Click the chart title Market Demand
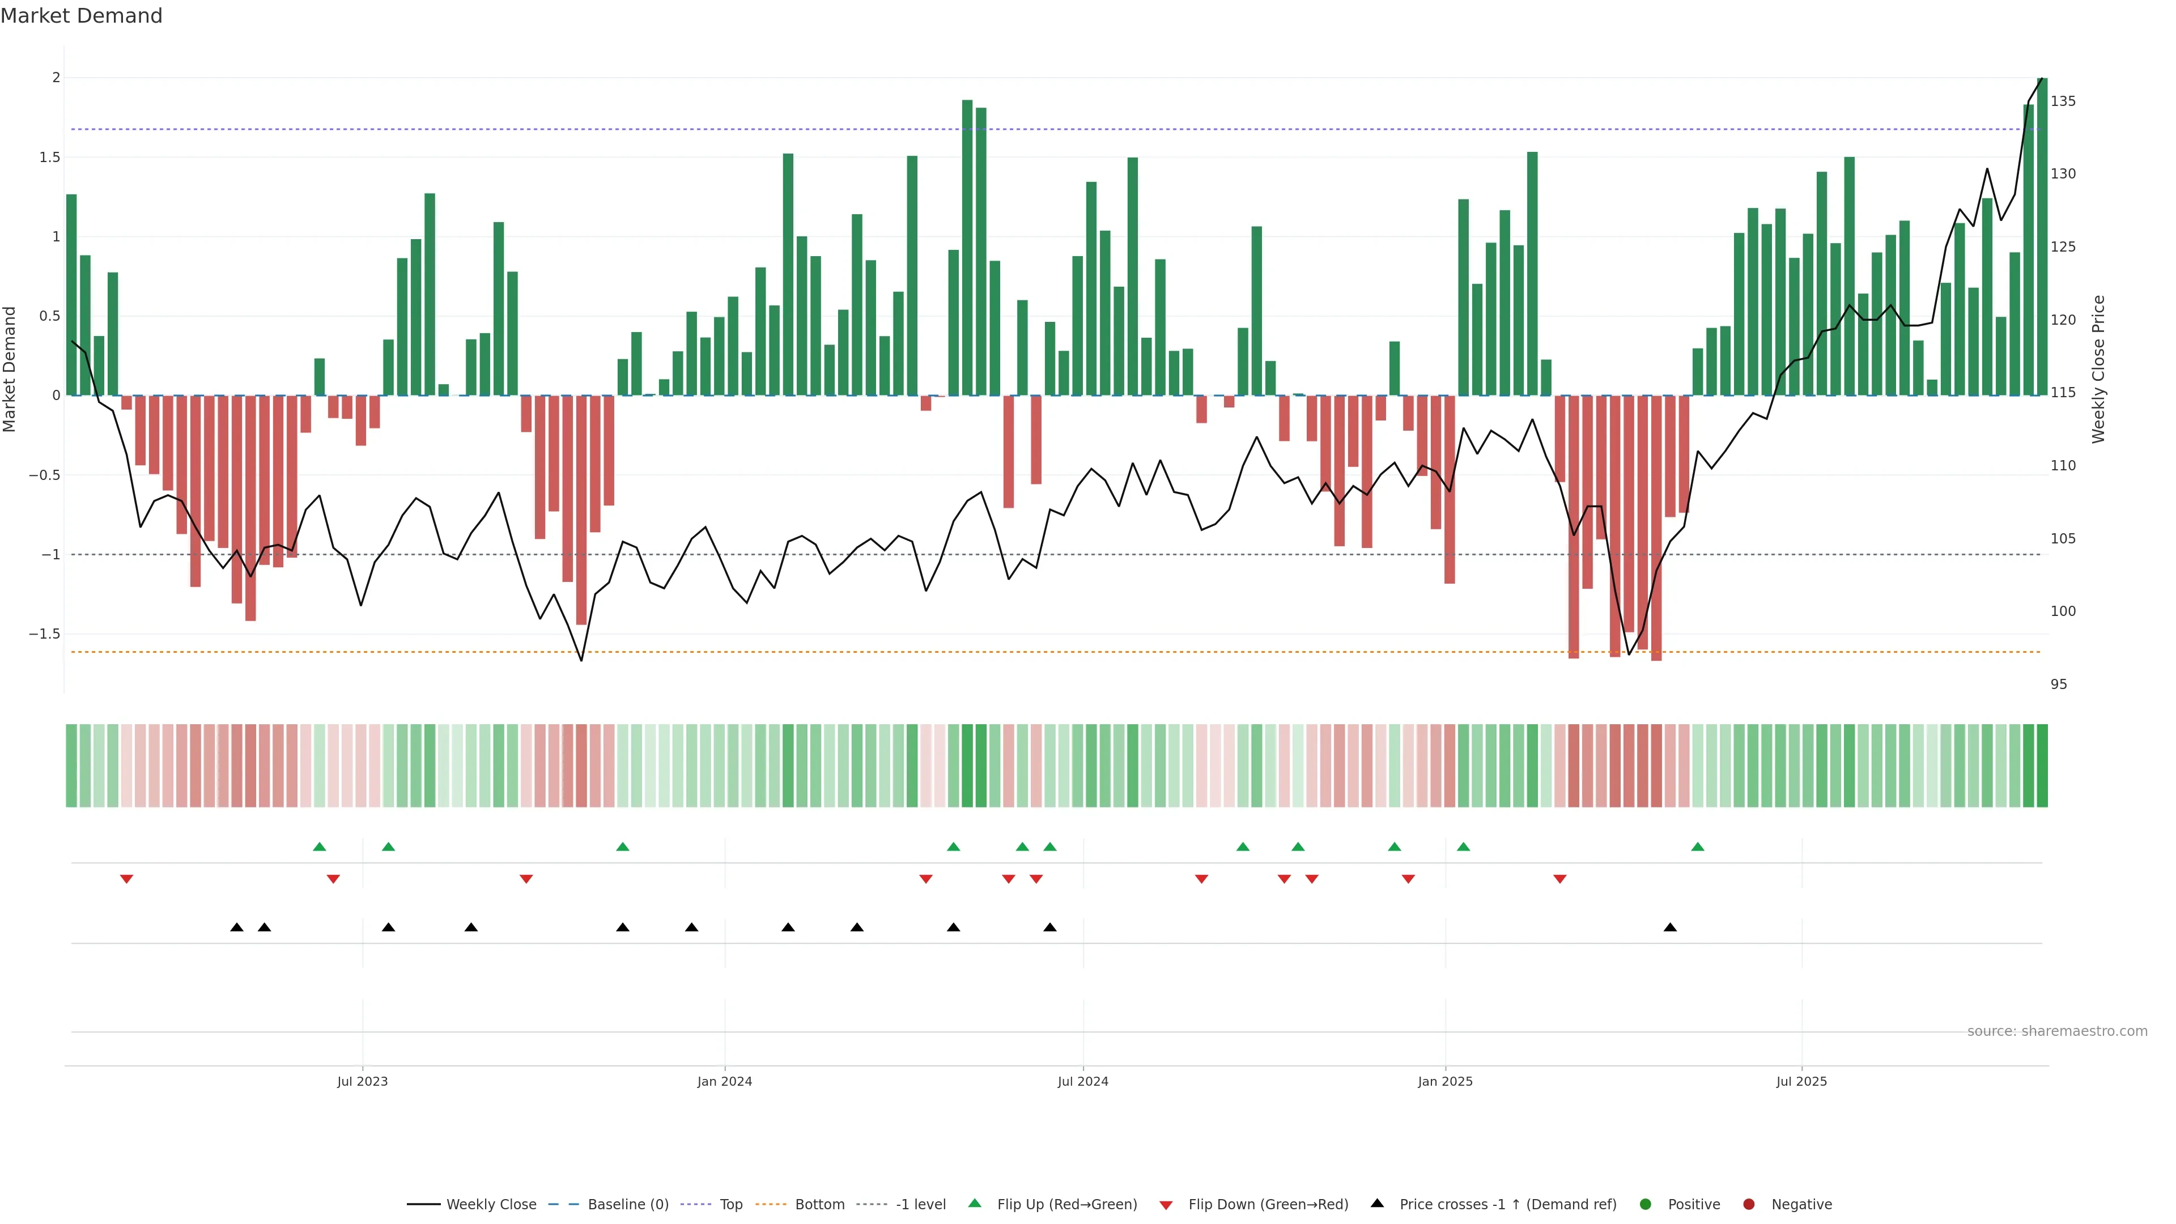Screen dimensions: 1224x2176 pos(81,16)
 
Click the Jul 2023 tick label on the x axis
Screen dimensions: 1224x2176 pos(363,1081)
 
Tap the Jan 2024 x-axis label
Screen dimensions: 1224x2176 pos(724,1081)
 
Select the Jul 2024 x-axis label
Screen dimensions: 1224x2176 pos(1083,1081)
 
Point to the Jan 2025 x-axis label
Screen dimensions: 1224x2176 pos(1444,1081)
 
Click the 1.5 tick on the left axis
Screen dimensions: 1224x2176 pos(50,157)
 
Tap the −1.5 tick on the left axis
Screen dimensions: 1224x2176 pos(45,634)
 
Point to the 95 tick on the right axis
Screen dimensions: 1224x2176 pos(2059,684)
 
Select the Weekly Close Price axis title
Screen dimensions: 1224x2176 pos(2098,369)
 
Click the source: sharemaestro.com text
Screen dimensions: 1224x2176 pos(2057,1031)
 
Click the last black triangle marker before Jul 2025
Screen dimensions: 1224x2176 pos(1670,928)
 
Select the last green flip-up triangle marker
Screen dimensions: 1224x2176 pos(1698,847)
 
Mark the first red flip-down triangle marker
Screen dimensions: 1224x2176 pos(127,879)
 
